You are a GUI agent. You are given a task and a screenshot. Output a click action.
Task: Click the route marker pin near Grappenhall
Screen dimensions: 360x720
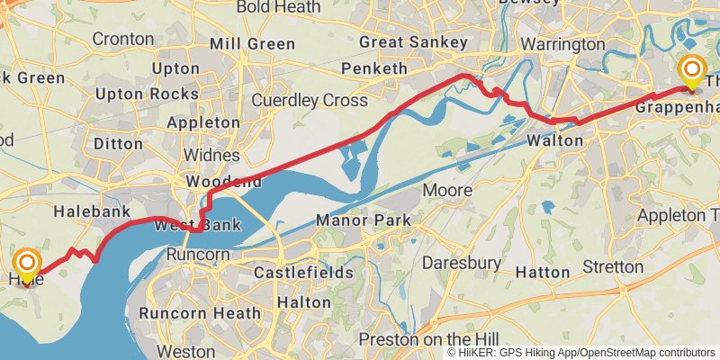point(692,72)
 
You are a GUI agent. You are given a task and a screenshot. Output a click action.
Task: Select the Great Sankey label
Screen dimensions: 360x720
point(413,42)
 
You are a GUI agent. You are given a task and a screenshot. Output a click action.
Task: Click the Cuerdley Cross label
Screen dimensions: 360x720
point(310,100)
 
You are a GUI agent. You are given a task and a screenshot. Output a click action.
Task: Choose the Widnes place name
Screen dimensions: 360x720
point(211,156)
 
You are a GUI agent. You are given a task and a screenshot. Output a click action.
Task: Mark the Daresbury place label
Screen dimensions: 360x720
point(462,263)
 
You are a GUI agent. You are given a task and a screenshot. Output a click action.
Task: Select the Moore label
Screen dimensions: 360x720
point(447,191)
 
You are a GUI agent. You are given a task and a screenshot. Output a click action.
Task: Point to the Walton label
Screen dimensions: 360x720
point(555,141)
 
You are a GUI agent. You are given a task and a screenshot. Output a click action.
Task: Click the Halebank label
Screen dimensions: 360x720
point(87,211)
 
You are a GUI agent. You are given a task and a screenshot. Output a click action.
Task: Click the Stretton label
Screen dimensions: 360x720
point(612,267)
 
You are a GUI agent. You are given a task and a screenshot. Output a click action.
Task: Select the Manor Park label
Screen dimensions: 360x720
point(363,220)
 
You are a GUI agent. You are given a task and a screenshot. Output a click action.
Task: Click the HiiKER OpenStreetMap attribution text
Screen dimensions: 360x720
point(581,352)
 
